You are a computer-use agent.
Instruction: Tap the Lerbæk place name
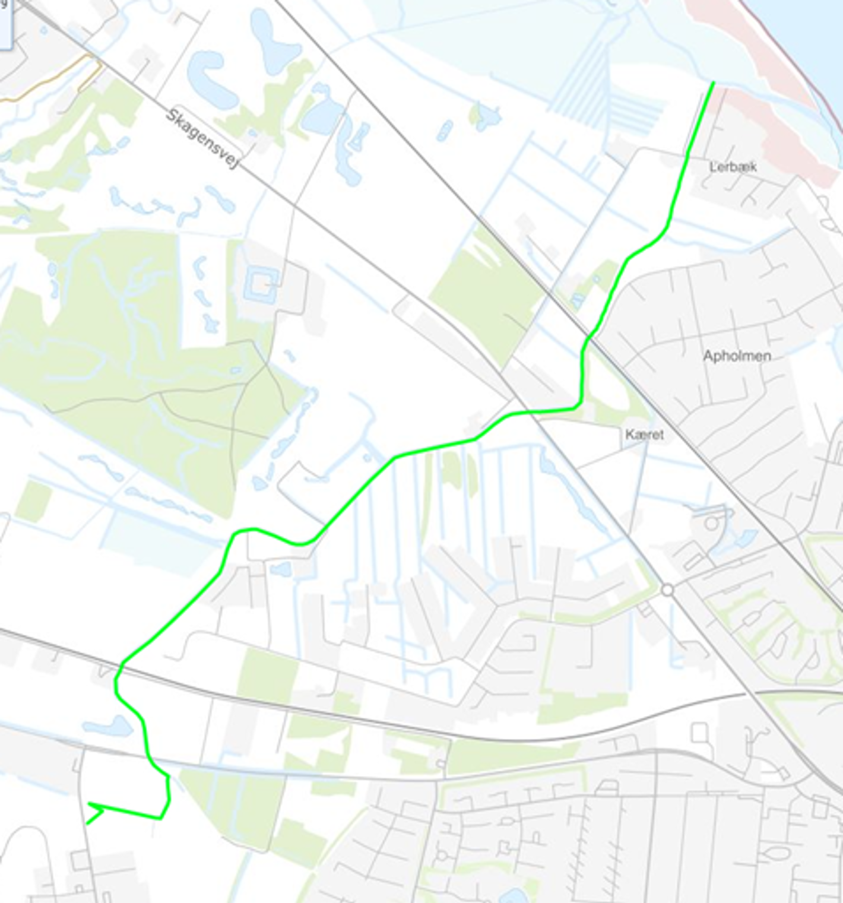point(733,167)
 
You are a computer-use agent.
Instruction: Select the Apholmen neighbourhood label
point(737,356)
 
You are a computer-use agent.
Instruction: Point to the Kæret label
point(644,435)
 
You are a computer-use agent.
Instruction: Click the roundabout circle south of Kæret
point(668,590)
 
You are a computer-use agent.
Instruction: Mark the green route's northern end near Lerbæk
point(713,83)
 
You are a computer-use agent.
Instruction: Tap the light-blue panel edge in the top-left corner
point(5,24)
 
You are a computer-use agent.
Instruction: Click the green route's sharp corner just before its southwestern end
point(161,818)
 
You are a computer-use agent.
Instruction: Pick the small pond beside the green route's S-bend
point(280,569)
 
